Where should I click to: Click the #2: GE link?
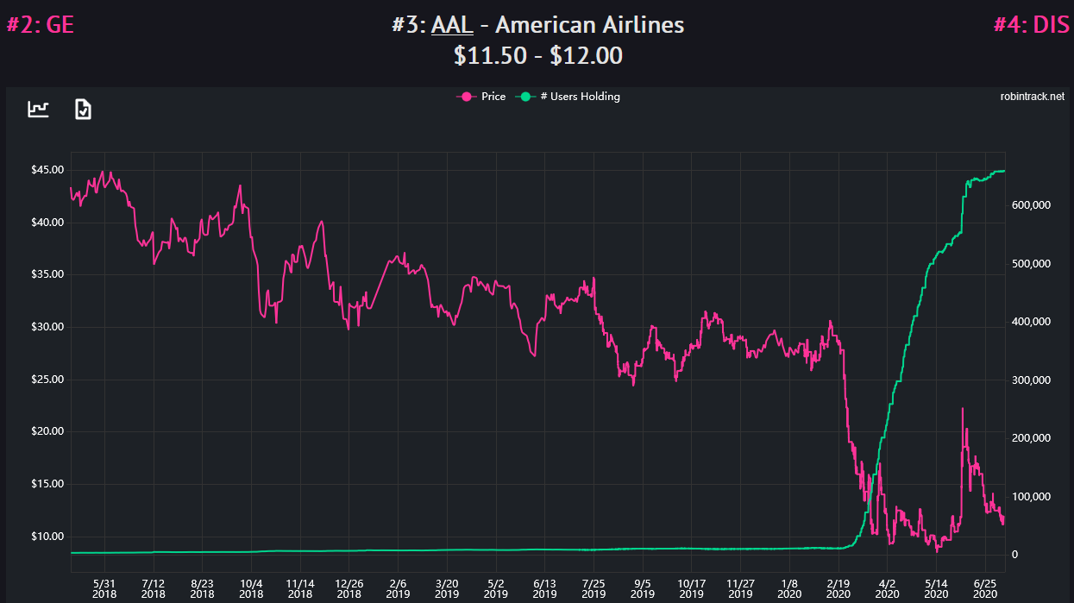41,24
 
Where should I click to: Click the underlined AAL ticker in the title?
452,24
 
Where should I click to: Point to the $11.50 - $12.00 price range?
538,55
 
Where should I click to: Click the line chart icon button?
39,109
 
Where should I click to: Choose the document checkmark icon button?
83,109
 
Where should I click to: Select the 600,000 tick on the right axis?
1031,205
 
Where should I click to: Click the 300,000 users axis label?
1031,380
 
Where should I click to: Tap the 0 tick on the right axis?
1015,555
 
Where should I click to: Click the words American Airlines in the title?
589,24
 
